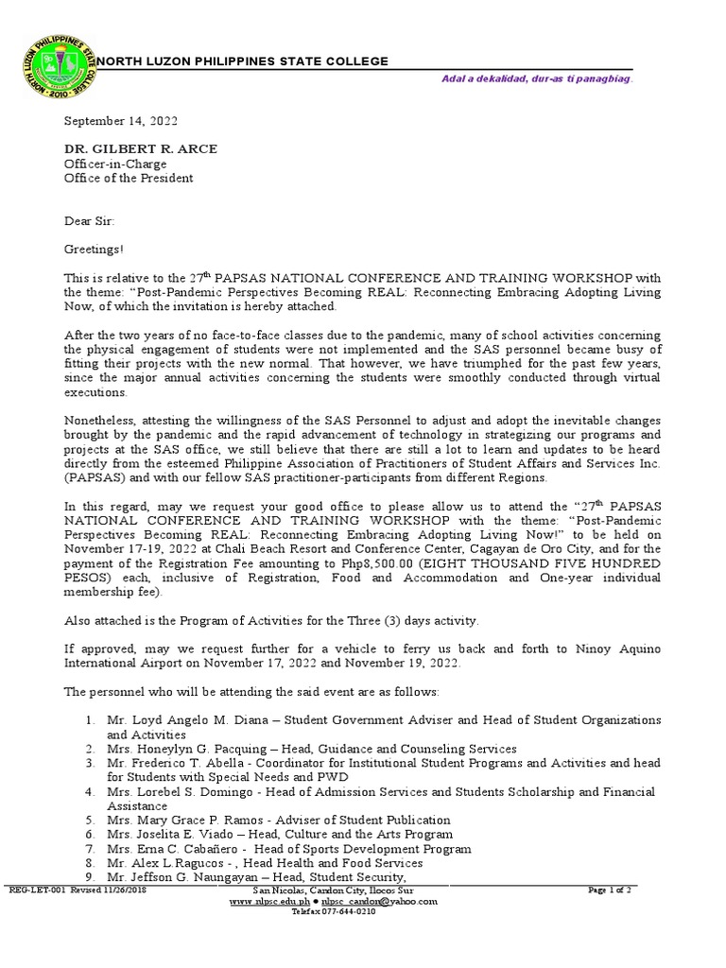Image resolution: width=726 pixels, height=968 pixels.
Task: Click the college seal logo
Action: click(57, 69)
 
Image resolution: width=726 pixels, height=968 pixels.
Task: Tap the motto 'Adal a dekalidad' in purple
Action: click(537, 78)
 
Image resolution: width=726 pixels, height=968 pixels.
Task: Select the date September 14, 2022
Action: click(120, 122)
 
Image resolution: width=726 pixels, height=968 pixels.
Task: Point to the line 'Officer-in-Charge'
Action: click(114, 164)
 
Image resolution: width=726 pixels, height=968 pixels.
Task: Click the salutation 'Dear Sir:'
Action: click(89, 221)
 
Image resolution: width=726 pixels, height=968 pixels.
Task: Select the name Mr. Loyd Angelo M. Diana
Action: click(185, 720)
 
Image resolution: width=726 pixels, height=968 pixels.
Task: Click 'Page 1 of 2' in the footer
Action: click(609, 890)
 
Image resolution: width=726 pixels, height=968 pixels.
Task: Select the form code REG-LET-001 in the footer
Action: click(34, 890)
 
